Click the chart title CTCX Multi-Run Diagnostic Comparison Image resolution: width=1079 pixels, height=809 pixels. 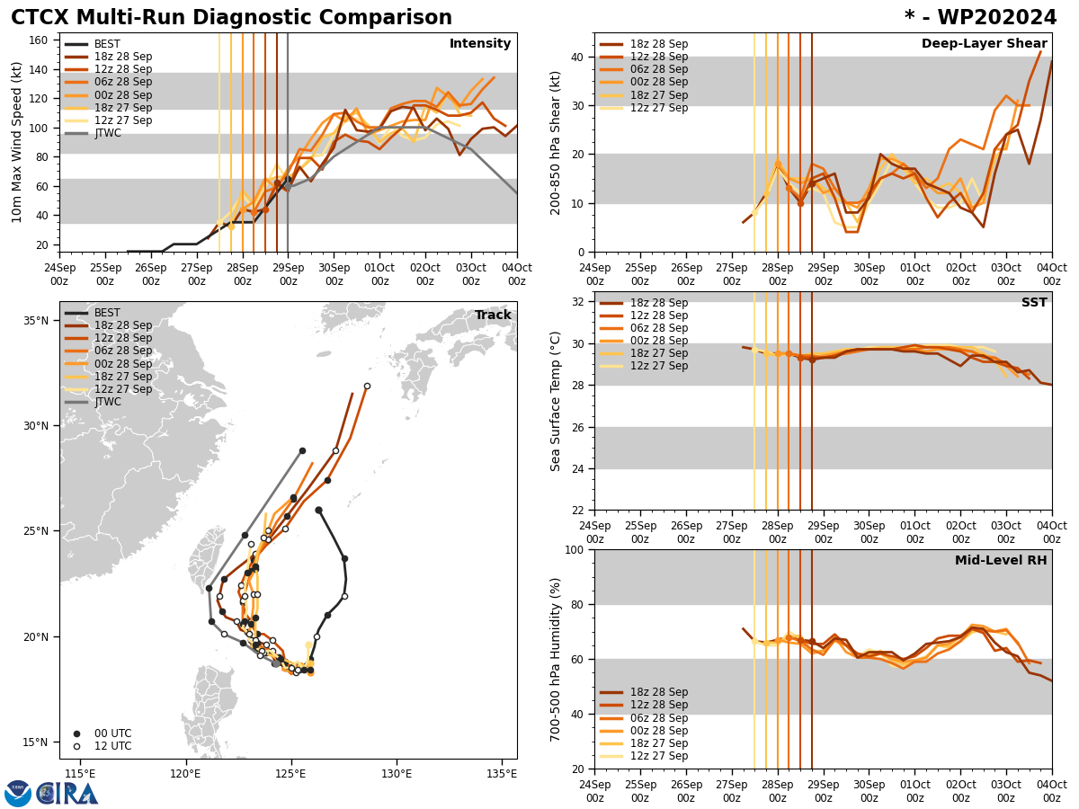[231, 18]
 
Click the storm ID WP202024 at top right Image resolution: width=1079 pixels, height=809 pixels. [980, 18]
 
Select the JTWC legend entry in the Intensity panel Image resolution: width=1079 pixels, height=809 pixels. [107, 133]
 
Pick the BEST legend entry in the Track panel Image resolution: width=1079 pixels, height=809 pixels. [107, 313]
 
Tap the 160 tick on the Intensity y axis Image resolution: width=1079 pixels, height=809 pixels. [41, 40]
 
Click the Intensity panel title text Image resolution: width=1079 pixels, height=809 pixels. [480, 44]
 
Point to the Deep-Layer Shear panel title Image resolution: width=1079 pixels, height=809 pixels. [984, 44]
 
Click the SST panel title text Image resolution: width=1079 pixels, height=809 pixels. [1034, 303]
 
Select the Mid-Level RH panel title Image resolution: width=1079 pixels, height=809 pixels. [1001, 561]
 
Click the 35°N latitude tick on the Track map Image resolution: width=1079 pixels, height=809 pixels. [36, 321]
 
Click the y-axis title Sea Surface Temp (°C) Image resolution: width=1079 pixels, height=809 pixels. [557, 401]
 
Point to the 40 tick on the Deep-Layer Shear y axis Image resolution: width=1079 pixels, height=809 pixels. [576, 57]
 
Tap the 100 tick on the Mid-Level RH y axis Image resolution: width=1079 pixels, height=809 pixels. [573, 550]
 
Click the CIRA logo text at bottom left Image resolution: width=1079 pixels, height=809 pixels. [67, 793]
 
